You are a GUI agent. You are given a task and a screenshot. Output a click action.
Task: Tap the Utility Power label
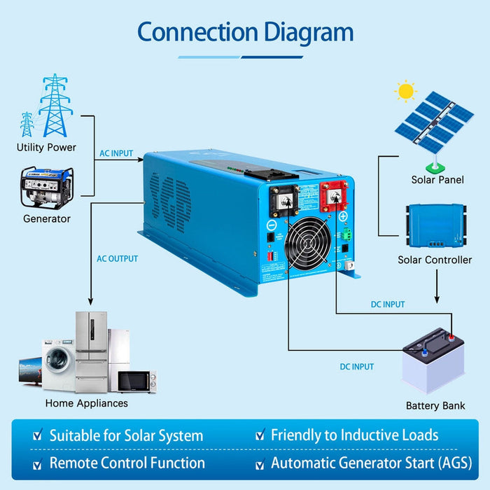[x=46, y=148]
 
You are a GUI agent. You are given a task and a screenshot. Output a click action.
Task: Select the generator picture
[x=46, y=187]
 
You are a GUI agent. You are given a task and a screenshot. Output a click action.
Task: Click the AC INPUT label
[x=116, y=153]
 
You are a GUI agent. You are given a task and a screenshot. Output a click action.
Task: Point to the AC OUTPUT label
[x=118, y=259]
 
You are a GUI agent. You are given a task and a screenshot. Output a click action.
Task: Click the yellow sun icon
[x=405, y=91]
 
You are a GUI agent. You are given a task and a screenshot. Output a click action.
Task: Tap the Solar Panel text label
[x=437, y=180]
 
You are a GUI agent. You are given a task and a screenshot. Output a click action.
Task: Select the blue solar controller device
[x=437, y=225]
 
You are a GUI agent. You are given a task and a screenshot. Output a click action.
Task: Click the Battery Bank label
[x=435, y=406]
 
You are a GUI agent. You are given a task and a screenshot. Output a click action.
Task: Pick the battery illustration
[x=434, y=360]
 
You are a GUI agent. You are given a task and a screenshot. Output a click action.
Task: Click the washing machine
[x=57, y=359]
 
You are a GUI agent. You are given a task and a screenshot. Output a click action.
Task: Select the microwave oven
[x=136, y=381]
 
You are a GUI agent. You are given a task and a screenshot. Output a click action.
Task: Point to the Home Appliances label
[x=87, y=403]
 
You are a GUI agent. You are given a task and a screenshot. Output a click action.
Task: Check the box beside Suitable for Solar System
[x=37, y=436]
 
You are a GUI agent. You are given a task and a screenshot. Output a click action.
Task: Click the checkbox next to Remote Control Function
[x=37, y=464]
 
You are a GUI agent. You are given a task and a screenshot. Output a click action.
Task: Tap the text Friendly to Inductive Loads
[x=354, y=435]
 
